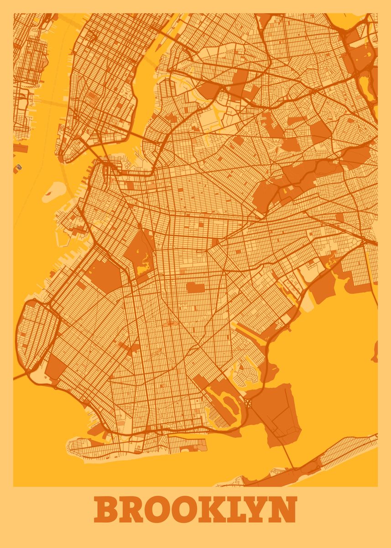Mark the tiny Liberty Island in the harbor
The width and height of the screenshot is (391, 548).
click(19, 167)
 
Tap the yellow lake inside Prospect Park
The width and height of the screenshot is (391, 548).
click(145, 265)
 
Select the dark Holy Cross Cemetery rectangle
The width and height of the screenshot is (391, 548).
click(195, 287)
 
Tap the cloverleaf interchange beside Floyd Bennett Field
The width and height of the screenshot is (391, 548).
click(248, 404)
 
